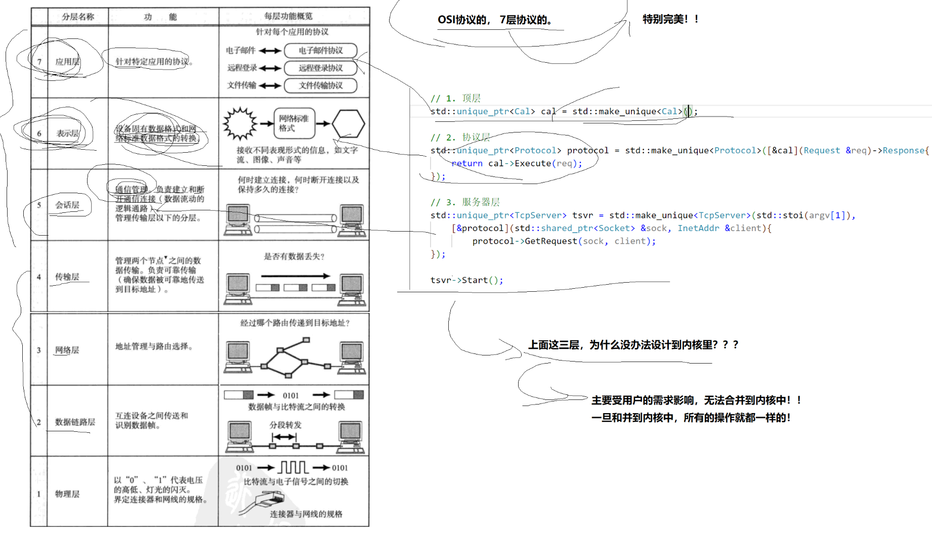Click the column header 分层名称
coord(78,17)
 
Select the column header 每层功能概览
coord(288,16)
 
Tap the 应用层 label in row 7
coord(67,62)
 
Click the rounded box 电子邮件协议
coord(320,51)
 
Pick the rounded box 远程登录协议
coord(320,68)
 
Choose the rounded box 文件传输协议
coord(320,85)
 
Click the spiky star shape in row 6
coord(240,123)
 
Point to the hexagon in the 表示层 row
coord(348,124)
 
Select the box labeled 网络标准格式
coord(294,123)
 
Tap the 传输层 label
coord(67,277)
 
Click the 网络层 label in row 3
coord(67,350)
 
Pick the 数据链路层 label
coord(75,422)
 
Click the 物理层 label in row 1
coord(67,494)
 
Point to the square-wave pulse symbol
coord(293,467)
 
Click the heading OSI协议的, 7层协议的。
coord(495,20)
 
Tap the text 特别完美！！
coord(671,19)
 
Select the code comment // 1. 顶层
coord(455,98)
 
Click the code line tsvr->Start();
coord(467,280)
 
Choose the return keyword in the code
coord(467,163)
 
